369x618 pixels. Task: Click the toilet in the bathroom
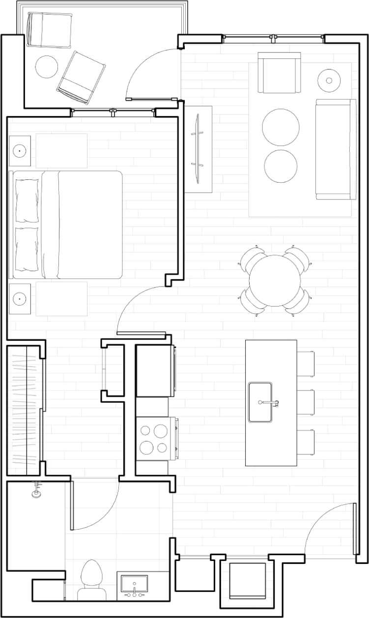click(91, 580)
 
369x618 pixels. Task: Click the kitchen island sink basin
click(260, 402)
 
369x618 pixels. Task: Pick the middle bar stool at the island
click(306, 402)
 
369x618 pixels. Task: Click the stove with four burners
click(153, 439)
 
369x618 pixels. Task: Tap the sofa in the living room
click(336, 149)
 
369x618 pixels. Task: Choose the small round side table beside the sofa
click(329, 79)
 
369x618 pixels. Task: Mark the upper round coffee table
click(281, 127)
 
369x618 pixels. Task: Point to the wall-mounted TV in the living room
click(199, 149)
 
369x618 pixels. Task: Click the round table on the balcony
click(47, 66)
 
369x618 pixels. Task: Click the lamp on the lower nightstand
click(20, 298)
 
